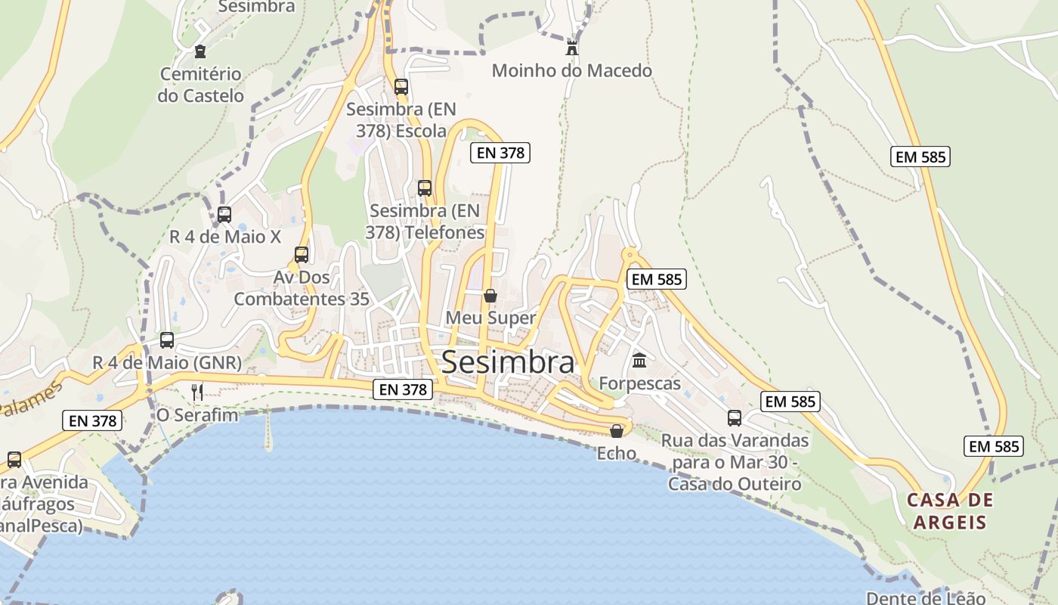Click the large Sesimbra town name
tap(507, 362)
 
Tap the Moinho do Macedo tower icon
tap(572, 48)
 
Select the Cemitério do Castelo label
tap(201, 85)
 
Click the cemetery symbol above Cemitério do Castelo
tap(200, 51)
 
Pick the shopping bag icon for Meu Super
tap(490, 296)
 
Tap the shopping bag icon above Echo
tap(617, 431)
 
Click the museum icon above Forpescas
tap(639, 360)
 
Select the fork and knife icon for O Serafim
tap(197, 391)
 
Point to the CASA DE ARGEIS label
tap(950, 511)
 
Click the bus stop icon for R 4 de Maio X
tap(224, 214)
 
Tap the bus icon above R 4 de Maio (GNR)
tap(167, 340)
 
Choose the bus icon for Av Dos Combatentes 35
tap(302, 255)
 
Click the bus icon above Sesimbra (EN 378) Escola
tap(401, 87)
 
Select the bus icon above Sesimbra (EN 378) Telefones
tap(425, 188)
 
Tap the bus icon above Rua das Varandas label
tap(735, 418)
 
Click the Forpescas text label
tap(640, 383)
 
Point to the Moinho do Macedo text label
tap(571, 71)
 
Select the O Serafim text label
tap(197, 415)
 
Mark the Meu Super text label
tap(490, 318)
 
